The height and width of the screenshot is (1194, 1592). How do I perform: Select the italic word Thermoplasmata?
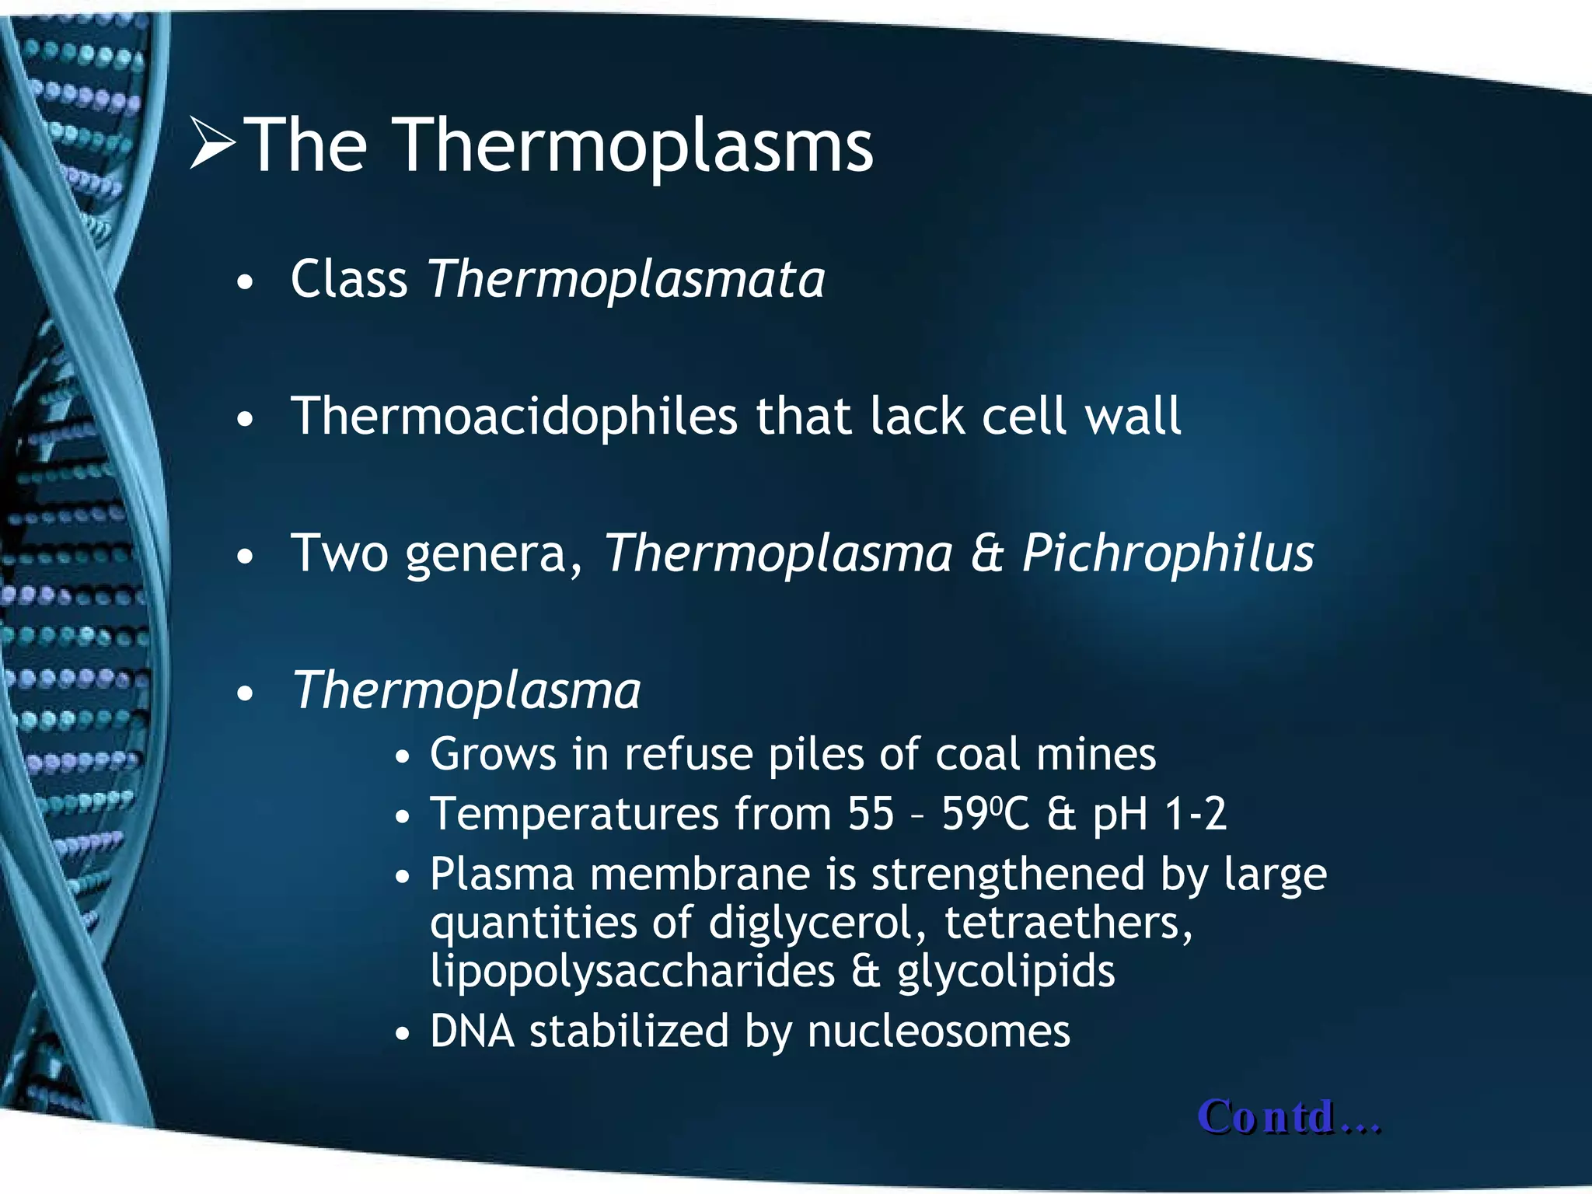627,279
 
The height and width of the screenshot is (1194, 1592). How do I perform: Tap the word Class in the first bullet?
349,279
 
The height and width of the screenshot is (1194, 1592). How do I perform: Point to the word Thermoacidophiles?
514,417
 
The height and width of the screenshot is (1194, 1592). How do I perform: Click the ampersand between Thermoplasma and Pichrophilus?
987,554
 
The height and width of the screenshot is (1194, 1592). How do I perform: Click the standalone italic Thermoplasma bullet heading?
466,691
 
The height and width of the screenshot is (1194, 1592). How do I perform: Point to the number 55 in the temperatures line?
871,815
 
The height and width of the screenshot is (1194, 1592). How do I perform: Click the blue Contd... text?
1289,1117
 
